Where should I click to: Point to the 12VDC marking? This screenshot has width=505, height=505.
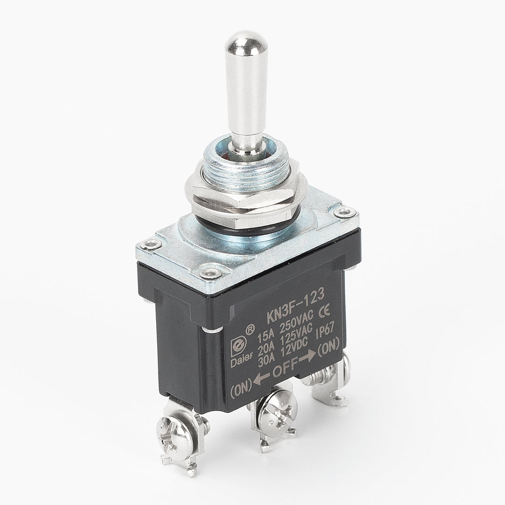tap(295, 348)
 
